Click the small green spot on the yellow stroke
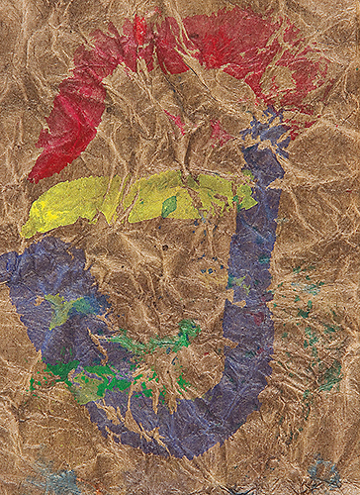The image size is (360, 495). click(169, 205)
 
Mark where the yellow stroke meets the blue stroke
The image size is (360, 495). click(243, 193)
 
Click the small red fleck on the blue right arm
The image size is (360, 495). click(258, 319)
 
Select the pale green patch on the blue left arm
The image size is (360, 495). click(61, 309)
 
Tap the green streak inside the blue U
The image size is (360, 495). click(158, 342)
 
